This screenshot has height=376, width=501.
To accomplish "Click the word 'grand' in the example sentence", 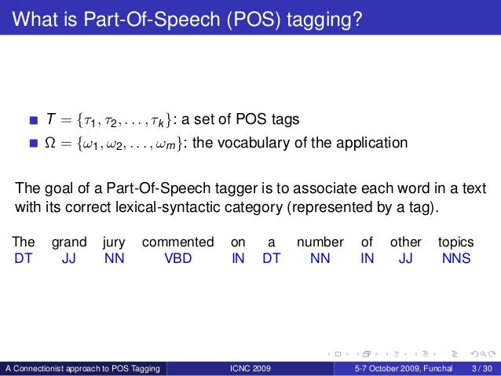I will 69,242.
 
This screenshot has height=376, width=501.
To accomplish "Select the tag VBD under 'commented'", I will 177,257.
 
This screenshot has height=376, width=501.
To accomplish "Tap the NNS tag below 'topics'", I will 455,257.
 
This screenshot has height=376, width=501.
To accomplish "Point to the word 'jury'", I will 114,242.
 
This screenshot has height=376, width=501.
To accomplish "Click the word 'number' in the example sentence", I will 320,242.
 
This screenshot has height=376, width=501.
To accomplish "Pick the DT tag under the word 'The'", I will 24,257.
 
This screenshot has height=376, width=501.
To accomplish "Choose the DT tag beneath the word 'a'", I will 271,257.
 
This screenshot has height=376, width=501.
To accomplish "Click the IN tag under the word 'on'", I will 238,257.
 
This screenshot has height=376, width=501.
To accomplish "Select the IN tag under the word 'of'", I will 367,257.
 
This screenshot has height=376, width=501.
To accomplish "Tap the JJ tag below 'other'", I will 405,257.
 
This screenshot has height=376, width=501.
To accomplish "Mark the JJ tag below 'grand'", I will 69,257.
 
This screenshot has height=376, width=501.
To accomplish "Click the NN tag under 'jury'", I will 114,257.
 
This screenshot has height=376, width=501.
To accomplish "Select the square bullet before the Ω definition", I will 33,144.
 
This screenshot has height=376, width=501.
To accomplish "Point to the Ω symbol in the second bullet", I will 52,143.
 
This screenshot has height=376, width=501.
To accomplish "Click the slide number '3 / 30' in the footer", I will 482,367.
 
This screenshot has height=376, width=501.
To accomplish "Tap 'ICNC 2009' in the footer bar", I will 251,367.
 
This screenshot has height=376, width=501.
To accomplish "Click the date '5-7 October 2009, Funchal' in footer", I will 399,367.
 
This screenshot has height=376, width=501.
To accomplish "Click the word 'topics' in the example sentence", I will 455,242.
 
